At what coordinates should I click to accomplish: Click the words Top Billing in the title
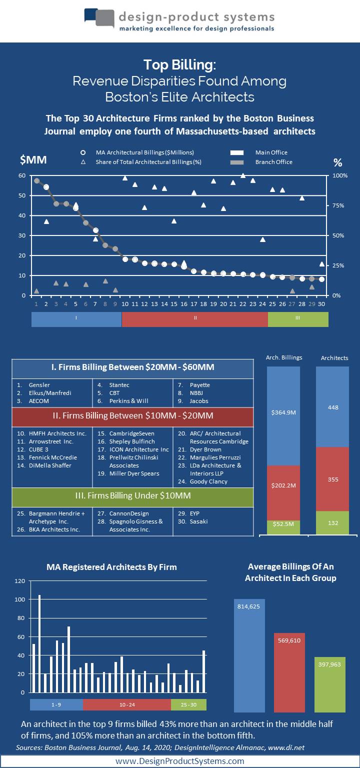[x=179, y=65]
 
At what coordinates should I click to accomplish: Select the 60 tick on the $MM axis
[x=22, y=175]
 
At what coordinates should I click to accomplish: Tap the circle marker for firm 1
[x=36, y=180]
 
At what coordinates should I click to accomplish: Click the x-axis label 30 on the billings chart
[x=321, y=303]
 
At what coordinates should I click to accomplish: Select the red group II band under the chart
[x=194, y=319]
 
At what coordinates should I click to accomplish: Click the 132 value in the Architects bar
[x=332, y=523]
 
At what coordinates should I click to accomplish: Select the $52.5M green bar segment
[x=283, y=527]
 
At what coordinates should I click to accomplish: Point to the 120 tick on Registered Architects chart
[x=20, y=581]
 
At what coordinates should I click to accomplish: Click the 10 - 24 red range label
[x=126, y=704]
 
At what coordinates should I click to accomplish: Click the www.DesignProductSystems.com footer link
[x=179, y=761]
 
